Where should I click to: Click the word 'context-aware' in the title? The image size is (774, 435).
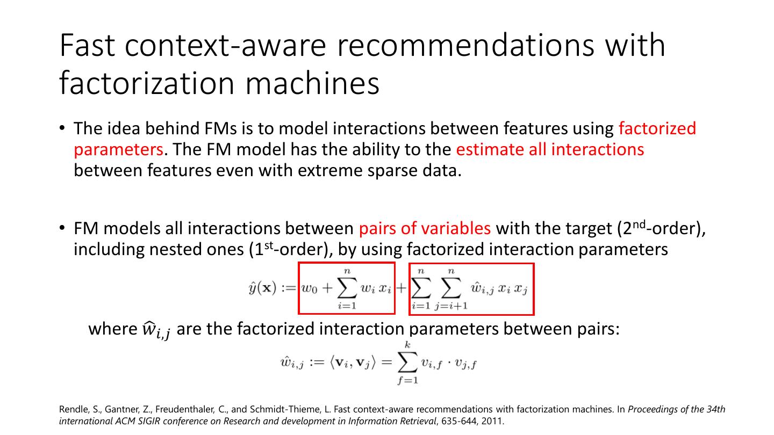click(x=226, y=45)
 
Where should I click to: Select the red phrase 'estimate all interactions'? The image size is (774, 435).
click(x=550, y=149)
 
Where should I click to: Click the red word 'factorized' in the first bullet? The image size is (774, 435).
click(x=657, y=128)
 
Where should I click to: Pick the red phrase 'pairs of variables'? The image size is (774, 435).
click(x=425, y=228)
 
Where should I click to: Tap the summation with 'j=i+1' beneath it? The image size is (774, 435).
click(x=451, y=289)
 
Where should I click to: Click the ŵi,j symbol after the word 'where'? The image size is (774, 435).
click(x=156, y=330)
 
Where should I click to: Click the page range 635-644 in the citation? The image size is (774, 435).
click(x=456, y=421)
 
